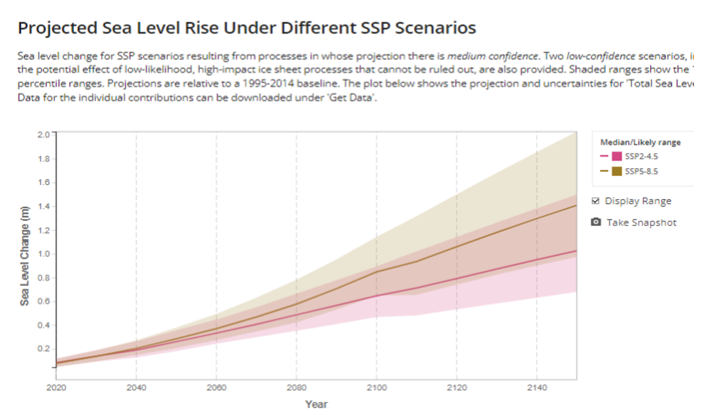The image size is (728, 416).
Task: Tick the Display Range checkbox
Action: [595, 201]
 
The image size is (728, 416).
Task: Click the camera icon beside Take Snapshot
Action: [596, 222]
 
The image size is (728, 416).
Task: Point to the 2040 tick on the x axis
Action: [136, 388]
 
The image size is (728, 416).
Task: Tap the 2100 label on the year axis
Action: [377, 388]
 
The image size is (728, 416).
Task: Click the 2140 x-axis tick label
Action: [537, 388]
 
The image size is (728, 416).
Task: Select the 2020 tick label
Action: [57, 388]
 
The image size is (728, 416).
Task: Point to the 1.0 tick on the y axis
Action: [44, 254]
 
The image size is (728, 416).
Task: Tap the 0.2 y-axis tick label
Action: [44, 348]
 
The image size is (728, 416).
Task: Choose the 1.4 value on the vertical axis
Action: [44, 206]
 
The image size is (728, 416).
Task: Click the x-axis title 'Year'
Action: [316, 404]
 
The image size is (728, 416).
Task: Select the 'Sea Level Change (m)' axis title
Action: [24, 256]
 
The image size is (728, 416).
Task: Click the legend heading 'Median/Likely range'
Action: [640, 142]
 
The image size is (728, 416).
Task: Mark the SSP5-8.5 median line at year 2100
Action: [377, 272]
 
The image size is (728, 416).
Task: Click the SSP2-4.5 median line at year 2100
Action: [377, 296]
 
